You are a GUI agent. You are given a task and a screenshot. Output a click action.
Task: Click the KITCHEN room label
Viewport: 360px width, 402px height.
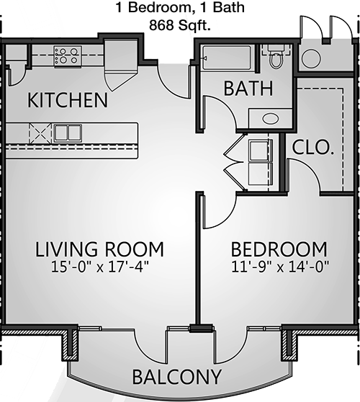click(68, 100)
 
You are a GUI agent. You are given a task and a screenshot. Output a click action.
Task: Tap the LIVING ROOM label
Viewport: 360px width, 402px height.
click(99, 249)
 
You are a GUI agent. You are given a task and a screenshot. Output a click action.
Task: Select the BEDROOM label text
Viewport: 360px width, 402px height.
click(279, 249)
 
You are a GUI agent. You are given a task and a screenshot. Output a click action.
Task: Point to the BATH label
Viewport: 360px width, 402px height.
click(248, 89)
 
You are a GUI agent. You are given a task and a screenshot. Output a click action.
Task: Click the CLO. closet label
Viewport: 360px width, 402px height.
click(313, 148)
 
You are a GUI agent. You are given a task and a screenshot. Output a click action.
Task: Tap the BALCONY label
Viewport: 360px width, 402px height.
click(176, 377)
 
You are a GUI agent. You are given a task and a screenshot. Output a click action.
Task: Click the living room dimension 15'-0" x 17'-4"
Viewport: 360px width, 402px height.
click(99, 267)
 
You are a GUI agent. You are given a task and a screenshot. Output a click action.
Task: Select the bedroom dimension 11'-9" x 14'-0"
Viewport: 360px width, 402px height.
click(280, 267)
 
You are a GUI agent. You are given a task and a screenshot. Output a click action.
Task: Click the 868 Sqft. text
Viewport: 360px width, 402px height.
click(180, 25)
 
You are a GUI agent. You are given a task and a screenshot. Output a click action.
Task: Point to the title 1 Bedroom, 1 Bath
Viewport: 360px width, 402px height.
click(180, 7)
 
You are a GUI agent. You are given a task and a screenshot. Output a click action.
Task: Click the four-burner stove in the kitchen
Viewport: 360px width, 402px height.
click(68, 57)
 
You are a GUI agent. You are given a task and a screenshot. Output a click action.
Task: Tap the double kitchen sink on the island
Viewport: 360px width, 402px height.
click(68, 133)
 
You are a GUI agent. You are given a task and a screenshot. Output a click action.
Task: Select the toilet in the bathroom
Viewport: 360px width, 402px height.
click(276, 56)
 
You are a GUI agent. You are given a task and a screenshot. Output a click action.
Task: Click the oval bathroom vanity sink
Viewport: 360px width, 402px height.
click(270, 118)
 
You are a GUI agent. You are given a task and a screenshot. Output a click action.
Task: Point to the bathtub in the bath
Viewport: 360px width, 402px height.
click(227, 58)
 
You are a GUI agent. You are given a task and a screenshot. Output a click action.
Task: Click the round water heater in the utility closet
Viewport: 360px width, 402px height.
click(311, 58)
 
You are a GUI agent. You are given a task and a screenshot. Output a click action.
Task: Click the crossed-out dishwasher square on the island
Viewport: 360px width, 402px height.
click(40, 133)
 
